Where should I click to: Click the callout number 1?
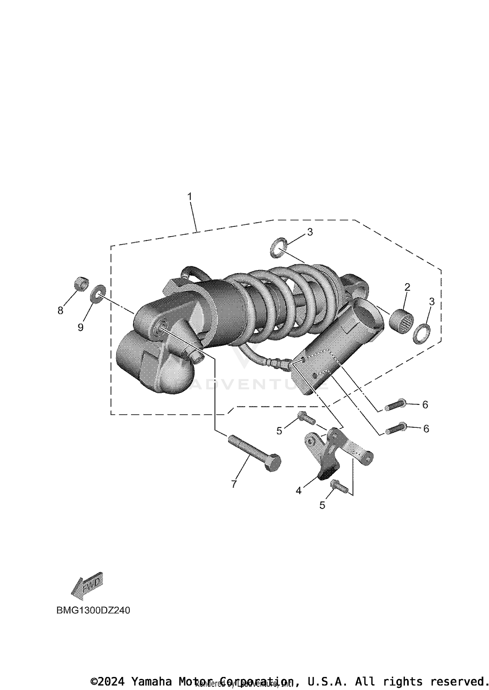point(190,197)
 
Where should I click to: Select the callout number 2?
point(407,287)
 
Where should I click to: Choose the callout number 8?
point(60,311)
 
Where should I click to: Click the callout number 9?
point(81,327)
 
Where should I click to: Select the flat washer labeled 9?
point(98,294)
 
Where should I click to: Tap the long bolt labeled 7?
point(254,453)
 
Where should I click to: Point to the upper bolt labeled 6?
point(395,406)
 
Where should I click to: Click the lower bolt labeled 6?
point(395,429)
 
